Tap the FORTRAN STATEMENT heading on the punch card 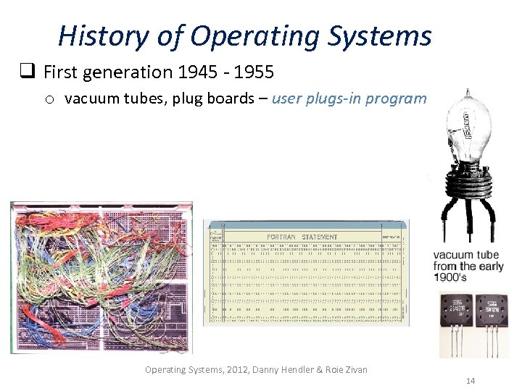302,237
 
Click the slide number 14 471,381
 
